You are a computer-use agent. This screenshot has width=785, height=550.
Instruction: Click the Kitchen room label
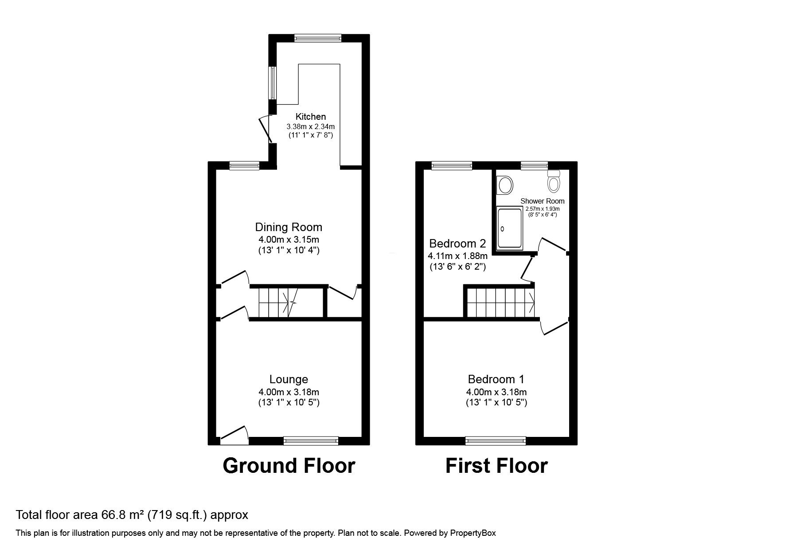pyautogui.click(x=310, y=117)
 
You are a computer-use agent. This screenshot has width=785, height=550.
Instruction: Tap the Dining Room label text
pyautogui.click(x=289, y=227)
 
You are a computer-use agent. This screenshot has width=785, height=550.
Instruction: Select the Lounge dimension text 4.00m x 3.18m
pyautogui.click(x=289, y=392)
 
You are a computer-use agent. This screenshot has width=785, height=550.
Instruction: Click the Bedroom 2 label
pyautogui.click(x=457, y=244)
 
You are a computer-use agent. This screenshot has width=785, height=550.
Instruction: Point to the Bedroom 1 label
pyautogui.click(x=496, y=379)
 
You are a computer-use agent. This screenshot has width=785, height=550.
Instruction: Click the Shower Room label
pyautogui.click(x=542, y=201)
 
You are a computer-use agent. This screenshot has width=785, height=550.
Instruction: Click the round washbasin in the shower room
pyautogui.click(x=504, y=184)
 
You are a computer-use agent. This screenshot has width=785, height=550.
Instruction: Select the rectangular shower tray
pyautogui.click(x=510, y=228)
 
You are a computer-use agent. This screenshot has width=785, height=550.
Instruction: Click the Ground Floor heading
pyautogui.click(x=289, y=466)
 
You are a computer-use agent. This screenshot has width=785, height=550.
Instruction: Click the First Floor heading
pyautogui.click(x=496, y=466)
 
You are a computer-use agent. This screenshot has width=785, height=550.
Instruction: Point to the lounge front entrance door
pyautogui.click(x=234, y=436)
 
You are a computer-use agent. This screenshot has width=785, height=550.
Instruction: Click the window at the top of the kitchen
pyautogui.click(x=318, y=38)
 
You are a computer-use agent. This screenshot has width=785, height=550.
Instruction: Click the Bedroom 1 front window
pyautogui.click(x=496, y=440)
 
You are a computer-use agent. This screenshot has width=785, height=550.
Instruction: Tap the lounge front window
pyautogui.click(x=311, y=440)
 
